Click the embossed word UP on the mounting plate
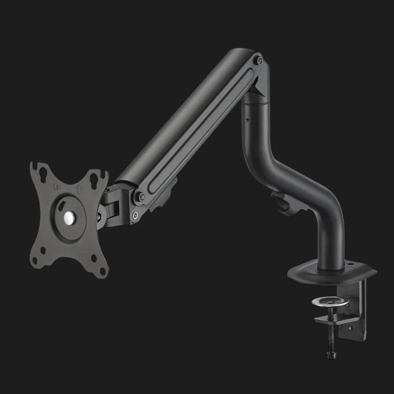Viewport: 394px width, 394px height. point(57,188)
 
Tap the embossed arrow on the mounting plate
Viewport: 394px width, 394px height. point(80,190)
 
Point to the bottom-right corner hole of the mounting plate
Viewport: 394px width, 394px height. point(102,271)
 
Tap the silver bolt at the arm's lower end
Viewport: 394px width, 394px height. point(135,215)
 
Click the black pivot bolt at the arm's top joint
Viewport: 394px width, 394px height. point(260,60)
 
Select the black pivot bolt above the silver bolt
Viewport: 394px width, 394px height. point(142,197)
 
